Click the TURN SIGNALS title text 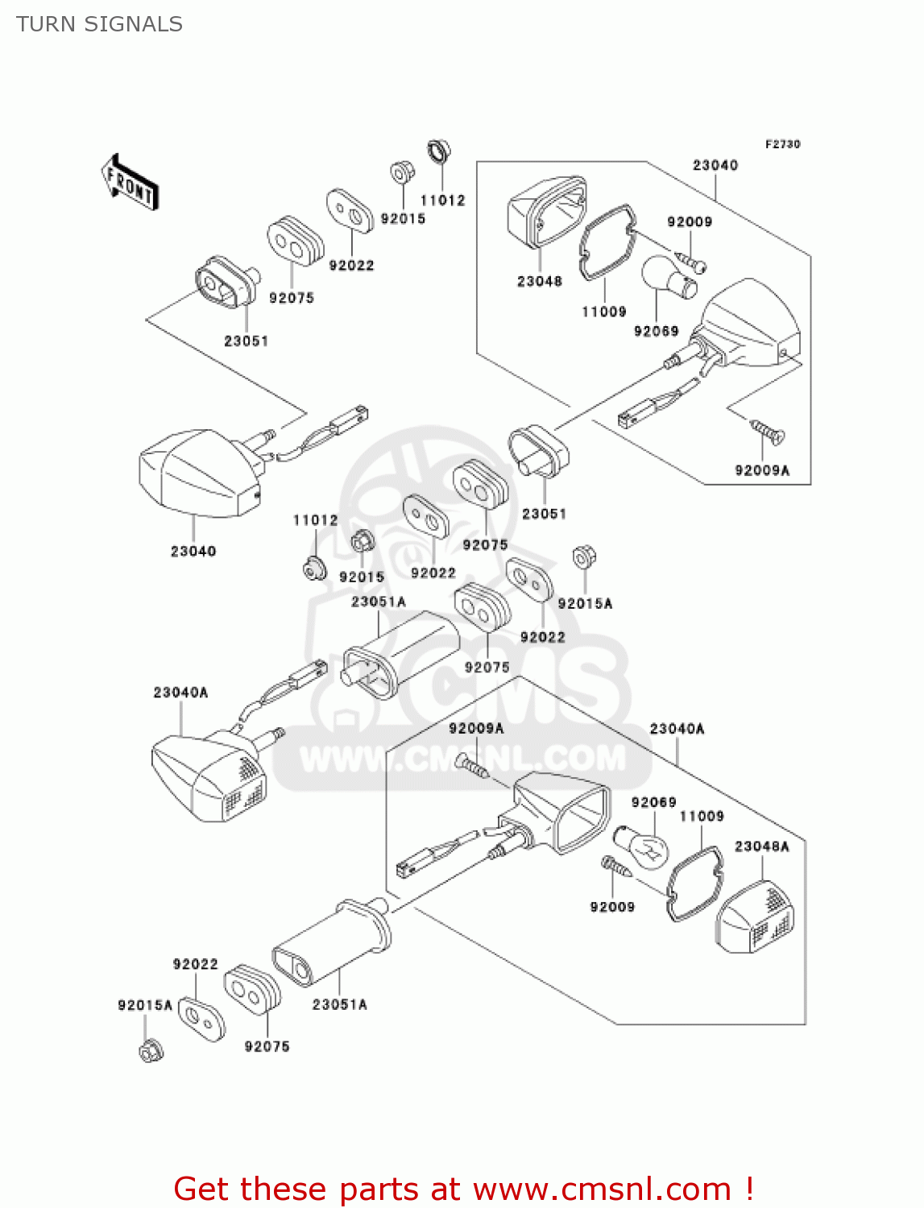(99, 24)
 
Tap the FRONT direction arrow (130, 184)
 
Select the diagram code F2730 (782, 144)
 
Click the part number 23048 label (539, 281)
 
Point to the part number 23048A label (761, 846)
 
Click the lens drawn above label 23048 (545, 211)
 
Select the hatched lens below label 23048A (755, 918)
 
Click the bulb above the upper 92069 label (668, 278)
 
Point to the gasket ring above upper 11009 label (606, 242)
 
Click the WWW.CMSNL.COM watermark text (462, 759)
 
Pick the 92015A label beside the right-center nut (585, 603)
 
